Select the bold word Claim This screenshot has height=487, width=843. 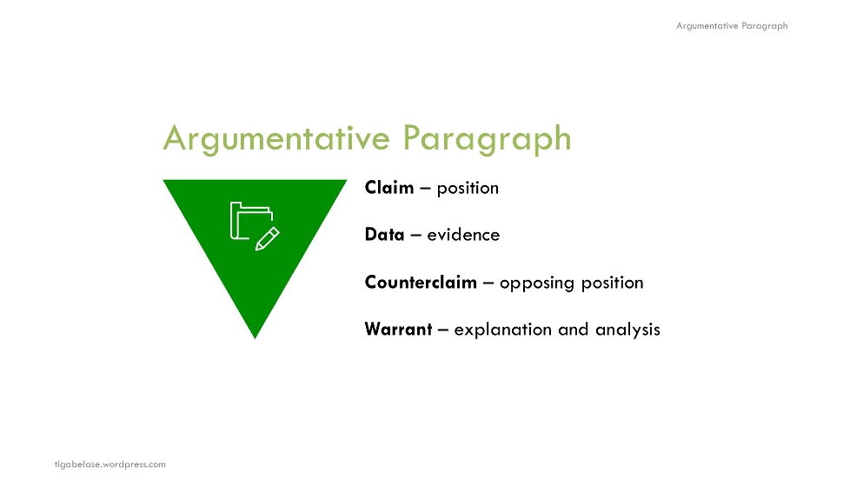point(389,188)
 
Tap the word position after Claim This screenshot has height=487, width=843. point(468,189)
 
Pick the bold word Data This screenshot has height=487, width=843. point(385,235)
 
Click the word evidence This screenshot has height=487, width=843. point(463,235)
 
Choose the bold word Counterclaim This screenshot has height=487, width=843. point(421,283)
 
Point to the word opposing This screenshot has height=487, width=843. point(533,284)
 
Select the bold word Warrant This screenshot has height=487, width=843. point(398,330)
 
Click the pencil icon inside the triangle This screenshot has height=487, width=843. point(267,238)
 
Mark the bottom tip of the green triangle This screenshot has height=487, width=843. point(255,337)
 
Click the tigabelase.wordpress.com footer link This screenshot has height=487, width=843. point(110,464)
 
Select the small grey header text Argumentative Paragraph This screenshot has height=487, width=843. point(732,26)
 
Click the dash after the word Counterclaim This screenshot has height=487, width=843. point(488,284)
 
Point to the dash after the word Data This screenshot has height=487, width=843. point(415,236)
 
